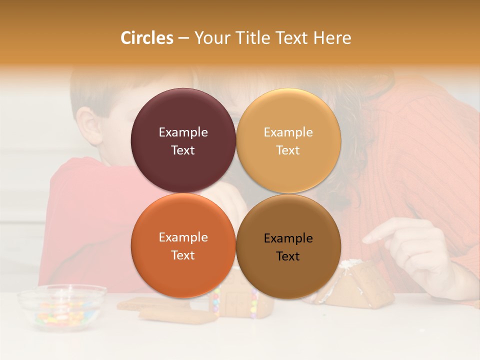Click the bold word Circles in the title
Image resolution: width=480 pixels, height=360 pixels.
click(x=146, y=38)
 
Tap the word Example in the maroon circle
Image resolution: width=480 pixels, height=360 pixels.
click(x=183, y=132)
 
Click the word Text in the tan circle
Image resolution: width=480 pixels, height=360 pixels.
click(x=288, y=150)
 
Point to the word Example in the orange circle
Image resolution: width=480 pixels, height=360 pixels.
click(x=183, y=237)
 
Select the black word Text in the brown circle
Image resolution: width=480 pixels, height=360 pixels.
click(x=288, y=256)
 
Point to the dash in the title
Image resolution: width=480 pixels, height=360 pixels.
click(x=183, y=38)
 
